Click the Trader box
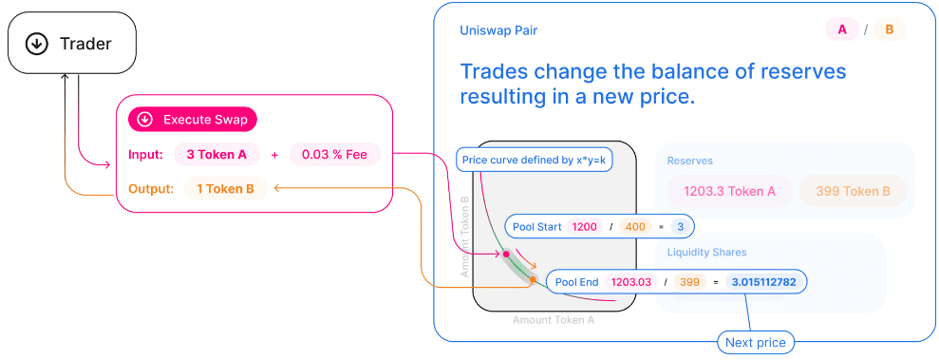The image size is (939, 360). (72, 44)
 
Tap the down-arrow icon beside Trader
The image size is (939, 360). (37, 44)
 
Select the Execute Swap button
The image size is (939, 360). (192, 120)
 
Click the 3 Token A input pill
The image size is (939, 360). (216, 155)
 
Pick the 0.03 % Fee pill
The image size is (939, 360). (335, 155)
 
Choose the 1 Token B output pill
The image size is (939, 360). (225, 189)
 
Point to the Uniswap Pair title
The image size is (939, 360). (498, 30)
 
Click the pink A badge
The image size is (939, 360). (842, 30)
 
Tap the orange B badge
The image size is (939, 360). (890, 30)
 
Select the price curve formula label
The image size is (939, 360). (535, 160)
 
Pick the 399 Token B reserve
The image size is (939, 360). (853, 192)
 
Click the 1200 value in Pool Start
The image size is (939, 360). (585, 227)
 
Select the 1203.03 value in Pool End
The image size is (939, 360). (631, 282)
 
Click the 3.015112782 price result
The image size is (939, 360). (763, 282)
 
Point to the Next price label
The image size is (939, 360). (756, 343)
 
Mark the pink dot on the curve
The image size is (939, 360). (506, 254)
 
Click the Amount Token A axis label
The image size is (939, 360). (554, 320)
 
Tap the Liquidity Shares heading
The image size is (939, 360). (706, 252)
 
